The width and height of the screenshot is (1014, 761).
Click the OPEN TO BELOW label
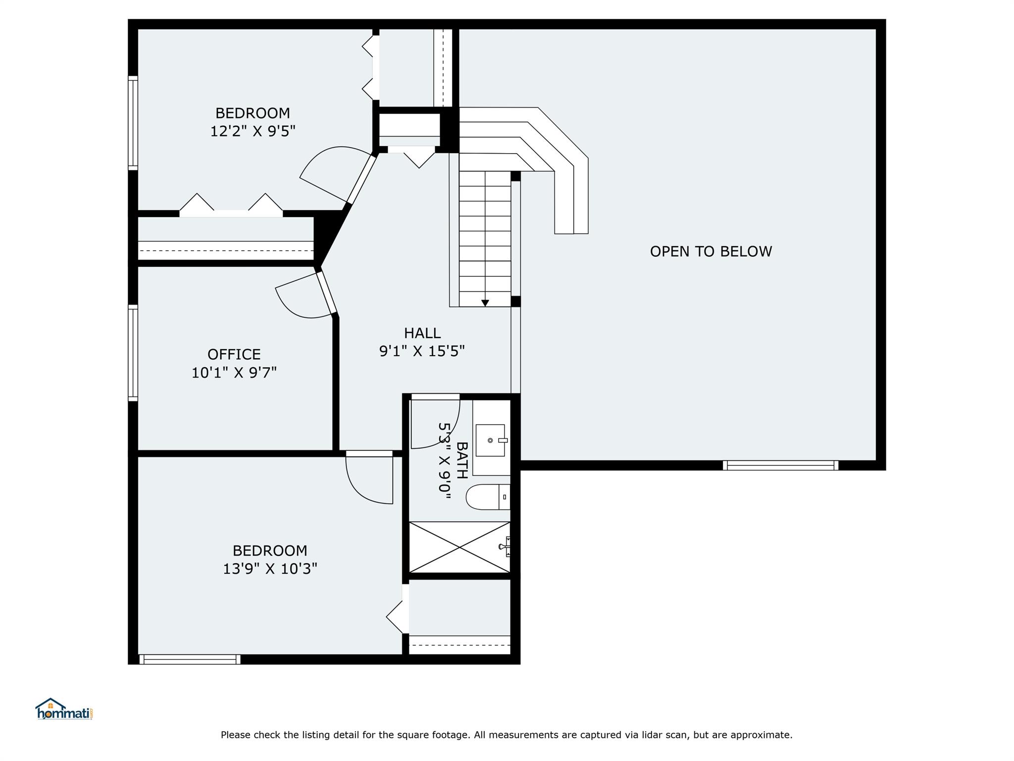710,252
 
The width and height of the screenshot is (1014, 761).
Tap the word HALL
422,333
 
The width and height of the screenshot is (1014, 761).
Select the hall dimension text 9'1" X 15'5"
422,351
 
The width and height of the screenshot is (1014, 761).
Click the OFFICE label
234,354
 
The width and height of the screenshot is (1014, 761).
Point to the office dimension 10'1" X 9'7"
234,373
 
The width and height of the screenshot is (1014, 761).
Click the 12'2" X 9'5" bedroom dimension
253,131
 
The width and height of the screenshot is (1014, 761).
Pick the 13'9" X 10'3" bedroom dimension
270,568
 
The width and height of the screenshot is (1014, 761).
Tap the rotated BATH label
461,460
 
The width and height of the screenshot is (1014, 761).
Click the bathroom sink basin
491,440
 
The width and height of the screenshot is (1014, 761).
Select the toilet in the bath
488,497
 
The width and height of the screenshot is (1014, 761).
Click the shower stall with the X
460,547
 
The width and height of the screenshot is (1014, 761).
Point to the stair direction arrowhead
485,303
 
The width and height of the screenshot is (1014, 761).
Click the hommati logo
64,709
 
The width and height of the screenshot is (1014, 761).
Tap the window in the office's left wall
133,353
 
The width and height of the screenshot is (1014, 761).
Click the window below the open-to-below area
780,465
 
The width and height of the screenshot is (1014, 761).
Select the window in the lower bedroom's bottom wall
190,659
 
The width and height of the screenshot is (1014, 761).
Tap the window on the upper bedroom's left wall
133,123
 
